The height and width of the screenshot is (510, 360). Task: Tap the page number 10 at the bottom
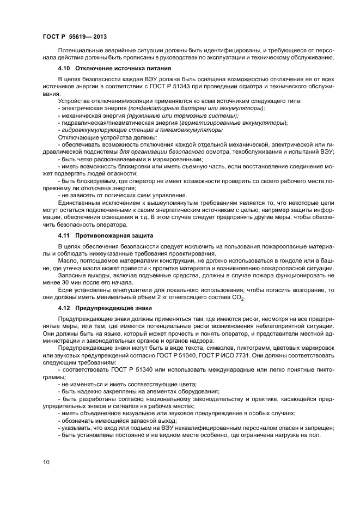point(46,462)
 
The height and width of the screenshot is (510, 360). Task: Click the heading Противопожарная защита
point(111,235)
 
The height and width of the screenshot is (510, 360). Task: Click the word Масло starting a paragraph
point(69,260)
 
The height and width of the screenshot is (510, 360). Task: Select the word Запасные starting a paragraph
point(72,275)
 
